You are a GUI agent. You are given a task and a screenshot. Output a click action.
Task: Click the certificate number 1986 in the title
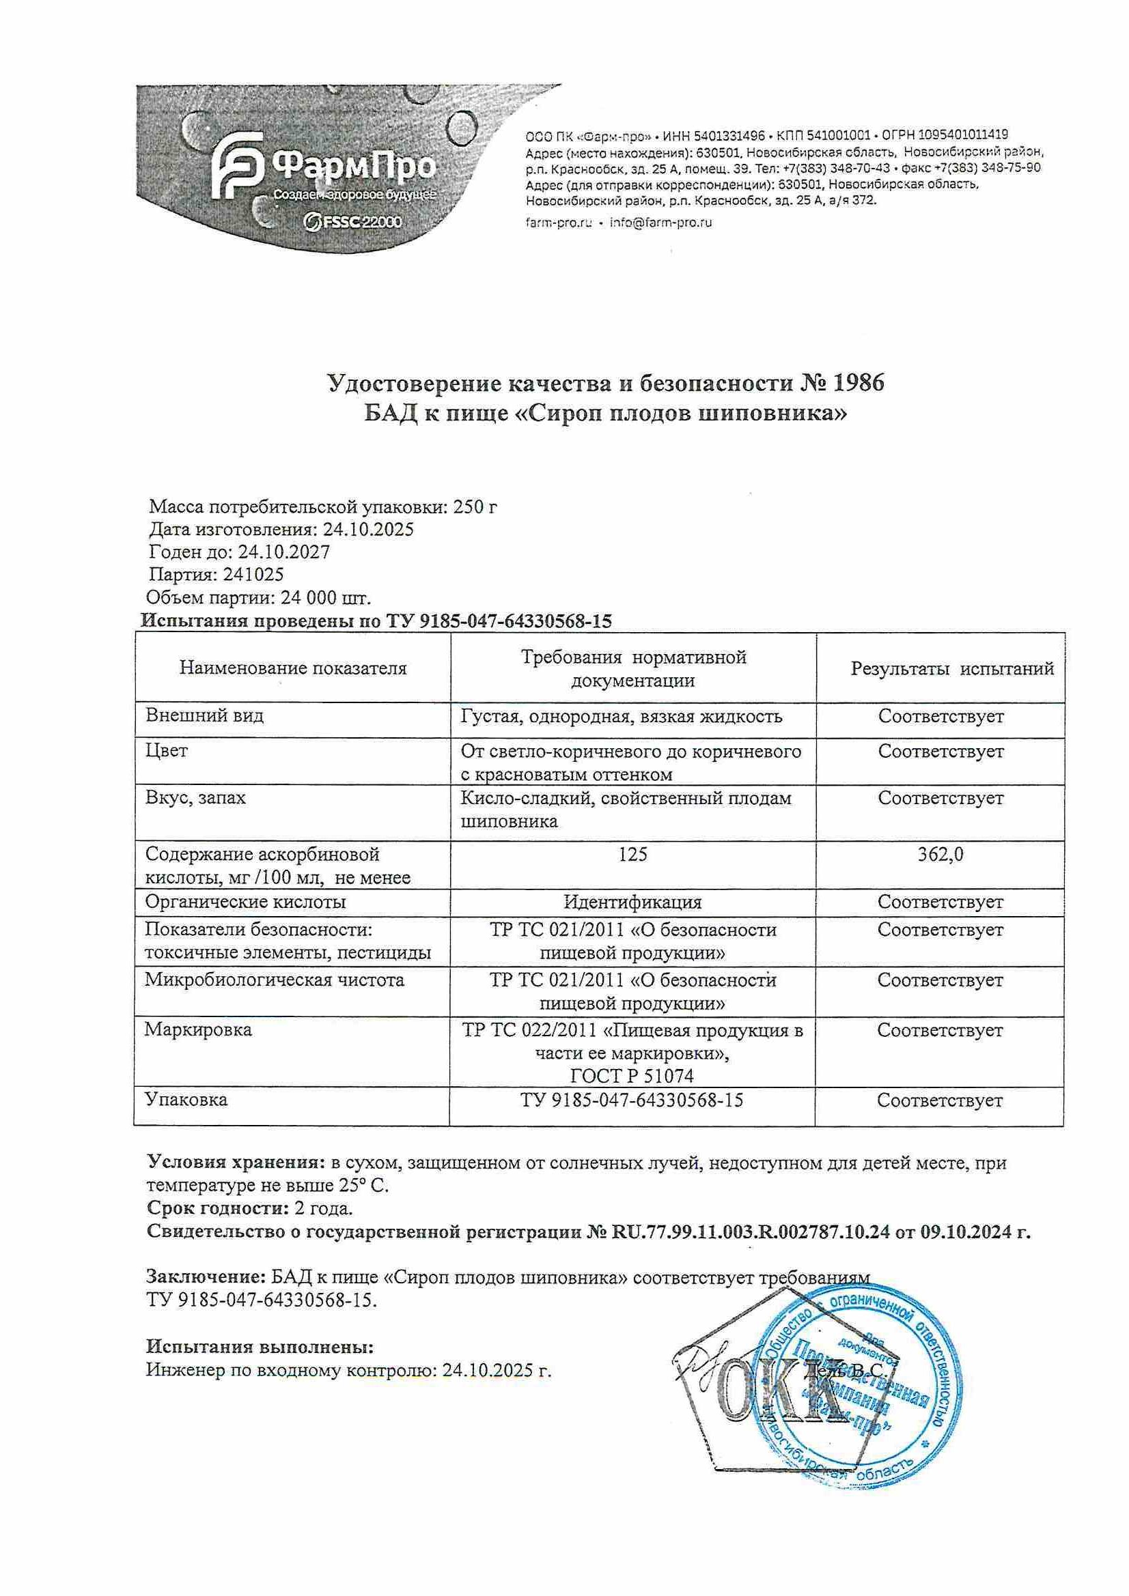tap(852, 383)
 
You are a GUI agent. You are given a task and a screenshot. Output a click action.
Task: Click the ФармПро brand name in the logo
tap(354, 166)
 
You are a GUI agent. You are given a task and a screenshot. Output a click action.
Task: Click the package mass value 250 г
tap(475, 507)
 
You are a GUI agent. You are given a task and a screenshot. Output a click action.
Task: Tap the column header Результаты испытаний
tap(952, 669)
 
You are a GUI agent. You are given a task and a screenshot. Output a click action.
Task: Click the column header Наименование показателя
tap(293, 669)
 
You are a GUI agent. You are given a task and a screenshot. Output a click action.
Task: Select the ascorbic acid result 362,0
tap(940, 854)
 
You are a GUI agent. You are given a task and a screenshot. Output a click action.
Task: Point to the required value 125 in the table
tap(632, 854)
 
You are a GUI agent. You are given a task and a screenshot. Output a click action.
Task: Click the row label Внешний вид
tap(204, 715)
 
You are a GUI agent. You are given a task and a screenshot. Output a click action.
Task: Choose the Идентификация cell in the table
tap(632, 902)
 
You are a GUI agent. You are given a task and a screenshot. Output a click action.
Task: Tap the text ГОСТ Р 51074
tap(632, 1076)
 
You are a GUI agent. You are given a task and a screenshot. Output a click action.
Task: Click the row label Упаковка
tap(186, 1100)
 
